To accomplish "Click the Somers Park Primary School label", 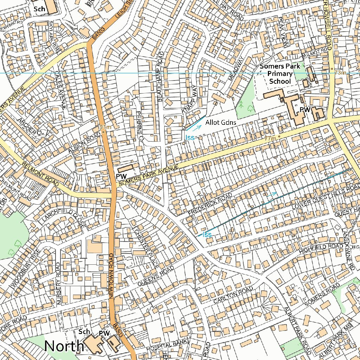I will tap(280, 74).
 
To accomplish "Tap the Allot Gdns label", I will tap(221, 123).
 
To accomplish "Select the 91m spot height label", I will tap(105, 127).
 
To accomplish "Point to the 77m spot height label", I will tap(270, 139).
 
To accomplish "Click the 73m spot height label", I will tap(340, 72).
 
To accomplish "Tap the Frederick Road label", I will tap(210, 204).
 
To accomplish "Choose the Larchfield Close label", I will tap(63, 218).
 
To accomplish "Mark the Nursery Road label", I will tap(59, 283).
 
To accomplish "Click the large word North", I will tap(64, 346).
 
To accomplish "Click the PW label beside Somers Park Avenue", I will tap(121, 176).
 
